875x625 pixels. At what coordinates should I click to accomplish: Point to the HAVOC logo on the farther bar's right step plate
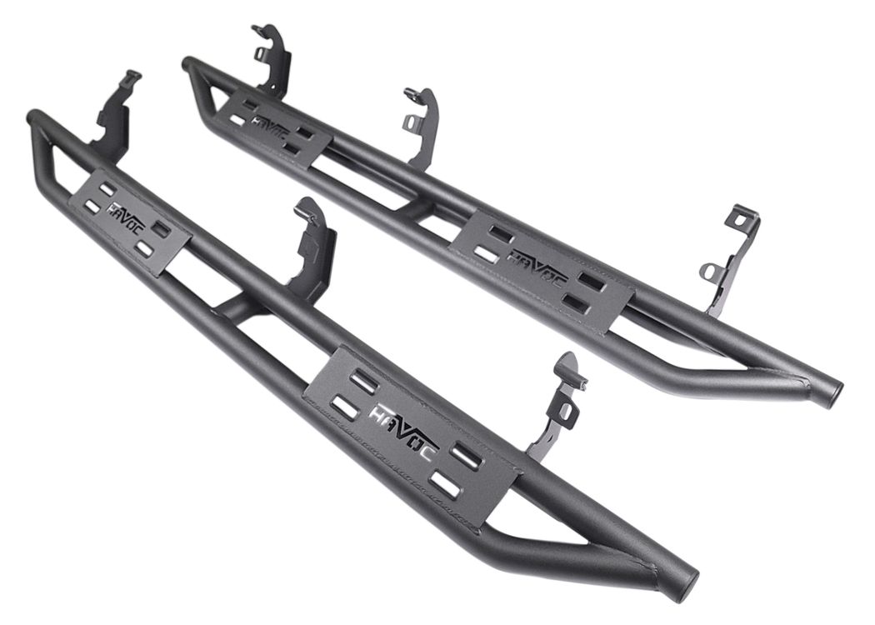pyautogui.click(x=537, y=264)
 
